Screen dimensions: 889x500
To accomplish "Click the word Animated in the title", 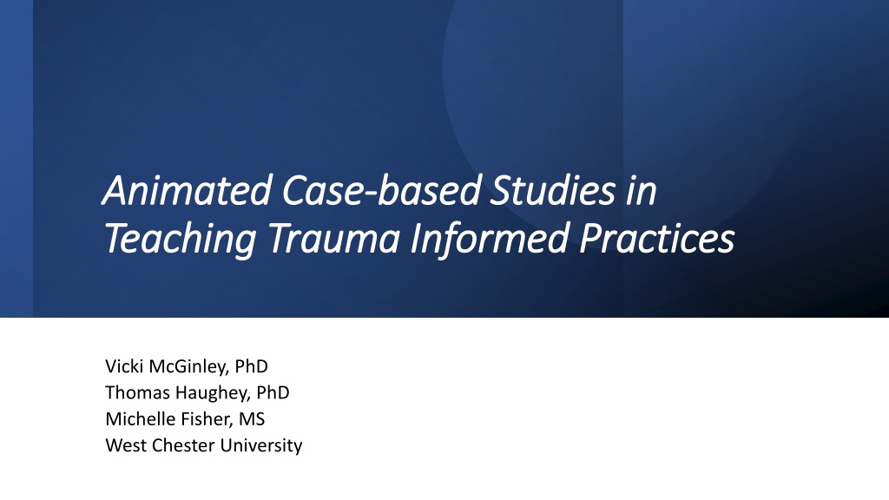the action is coord(188,190).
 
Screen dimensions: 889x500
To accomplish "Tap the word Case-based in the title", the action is coord(382,190).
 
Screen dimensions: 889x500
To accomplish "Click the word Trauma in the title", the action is coord(333,238).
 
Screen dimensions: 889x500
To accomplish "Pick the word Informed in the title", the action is coord(490,238).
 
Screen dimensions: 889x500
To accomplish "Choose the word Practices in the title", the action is coord(657,238).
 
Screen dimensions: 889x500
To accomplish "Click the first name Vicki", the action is coord(124,366).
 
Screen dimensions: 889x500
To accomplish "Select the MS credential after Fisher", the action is coord(252,419).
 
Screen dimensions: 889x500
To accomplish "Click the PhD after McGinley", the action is coord(251,366).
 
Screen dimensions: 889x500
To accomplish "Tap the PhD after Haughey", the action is coord(273,392).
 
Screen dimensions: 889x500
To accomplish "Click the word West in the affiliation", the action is coord(126,445).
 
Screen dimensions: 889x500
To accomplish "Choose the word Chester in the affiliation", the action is coord(183,445).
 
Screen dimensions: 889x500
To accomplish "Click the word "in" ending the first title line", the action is coord(642,191).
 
